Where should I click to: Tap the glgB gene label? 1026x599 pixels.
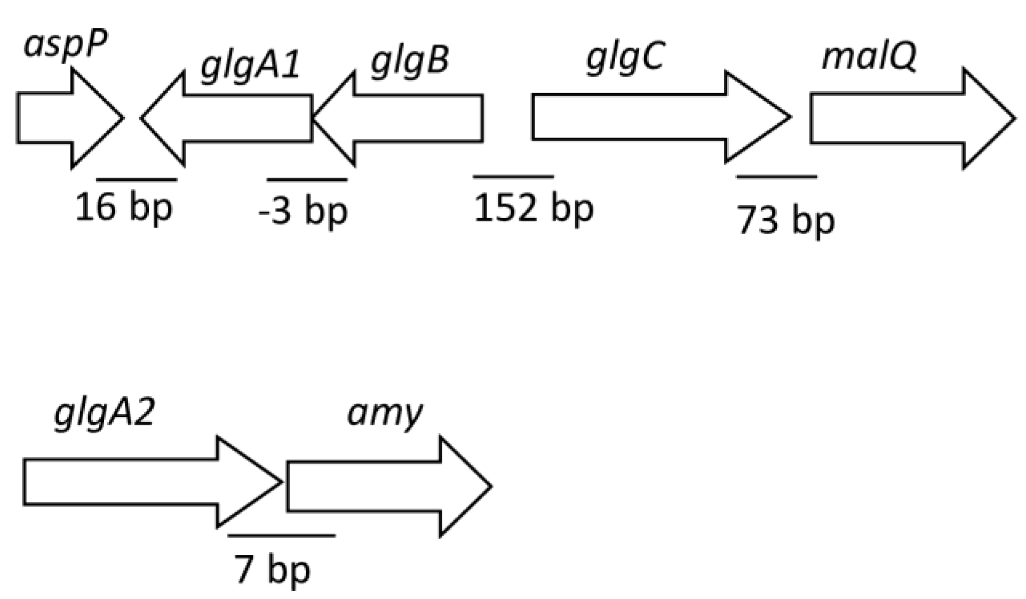pyautogui.click(x=410, y=63)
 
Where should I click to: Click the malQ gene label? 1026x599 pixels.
pyautogui.click(x=869, y=58)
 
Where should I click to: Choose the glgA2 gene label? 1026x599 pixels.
pyautogui.click(x=104, y=416)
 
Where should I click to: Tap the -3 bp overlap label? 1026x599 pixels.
pyautogui.click(x=303, y=211)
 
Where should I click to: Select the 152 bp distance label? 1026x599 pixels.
pyautogui.click(x=533, y=208)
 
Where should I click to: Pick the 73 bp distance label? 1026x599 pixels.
pyautogui.click(x=785, y=220)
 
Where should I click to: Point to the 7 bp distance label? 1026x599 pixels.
pyautogui.click(x=272, y=570)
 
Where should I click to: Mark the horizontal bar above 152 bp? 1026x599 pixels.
pyautogui.click(x=513, y=175)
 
